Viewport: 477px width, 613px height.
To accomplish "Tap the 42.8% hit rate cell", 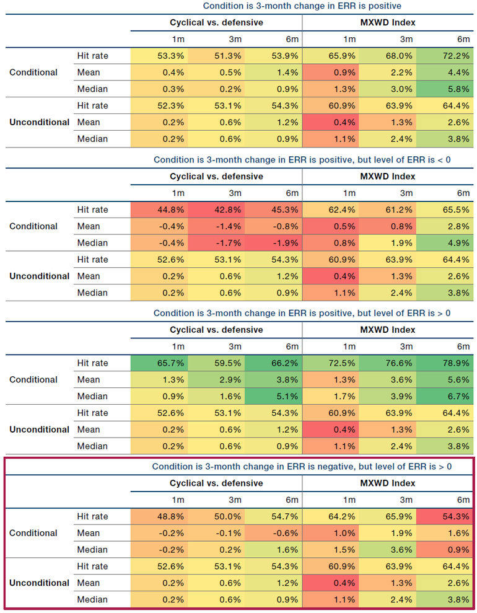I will pos(216,209).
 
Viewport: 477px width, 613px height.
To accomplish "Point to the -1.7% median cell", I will pos(216,243).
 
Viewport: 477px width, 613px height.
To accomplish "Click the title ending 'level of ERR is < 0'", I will pos(302,160).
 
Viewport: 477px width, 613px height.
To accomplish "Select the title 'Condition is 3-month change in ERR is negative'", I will pos(302,467).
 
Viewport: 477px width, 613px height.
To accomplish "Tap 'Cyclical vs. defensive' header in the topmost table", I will pos(217,23).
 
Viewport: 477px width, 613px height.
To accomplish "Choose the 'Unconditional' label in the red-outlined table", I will pos(40,583).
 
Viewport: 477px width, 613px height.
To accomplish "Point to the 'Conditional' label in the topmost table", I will pos(33,73).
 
